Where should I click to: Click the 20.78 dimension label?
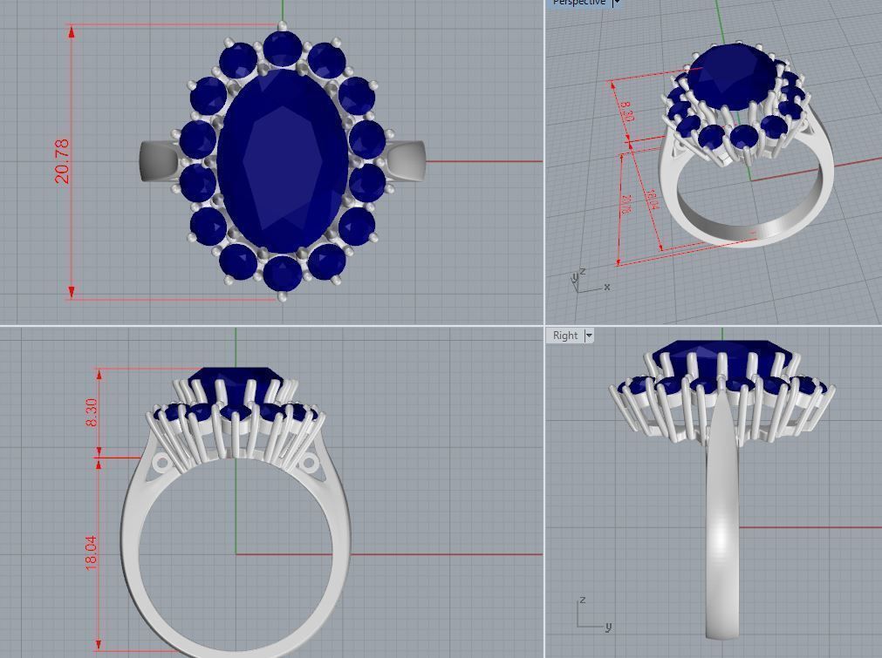point(62,161)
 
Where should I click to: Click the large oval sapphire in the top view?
point(282,161)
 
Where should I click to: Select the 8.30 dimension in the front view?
point(92,412)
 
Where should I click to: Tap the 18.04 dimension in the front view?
point(92,553)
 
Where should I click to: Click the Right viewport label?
point(564,336)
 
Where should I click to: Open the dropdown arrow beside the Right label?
point(589,336)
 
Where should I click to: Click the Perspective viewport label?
point(578,3)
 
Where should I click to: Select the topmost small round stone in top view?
point(282,49)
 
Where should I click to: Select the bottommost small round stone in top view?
point(282,273)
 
